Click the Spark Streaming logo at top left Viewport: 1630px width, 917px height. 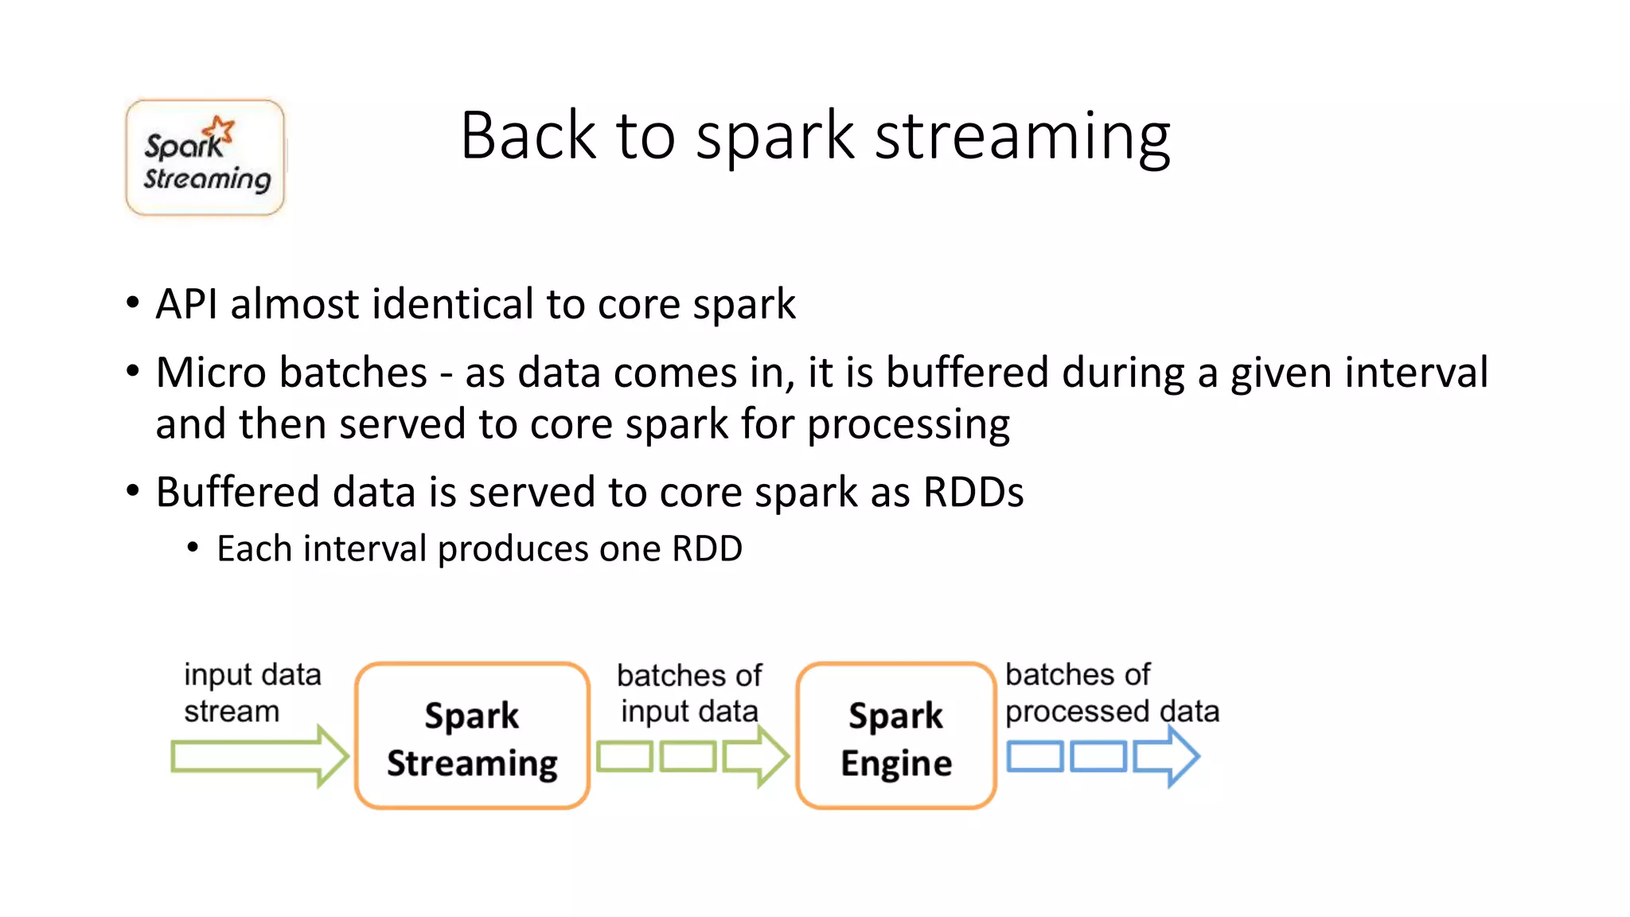click(205, 158)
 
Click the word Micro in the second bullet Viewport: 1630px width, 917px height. click(211, 373)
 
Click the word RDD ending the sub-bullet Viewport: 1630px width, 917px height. click(707, 549)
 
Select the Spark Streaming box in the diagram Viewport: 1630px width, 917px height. click(472, 736)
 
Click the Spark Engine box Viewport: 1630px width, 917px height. click(895, 736)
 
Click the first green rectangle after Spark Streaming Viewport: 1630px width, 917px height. click(625, 756)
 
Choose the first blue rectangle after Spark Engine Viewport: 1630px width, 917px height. click(1035, 756)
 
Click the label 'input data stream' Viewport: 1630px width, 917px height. click(252, 693)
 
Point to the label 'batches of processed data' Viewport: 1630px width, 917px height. click(1111, 693)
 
